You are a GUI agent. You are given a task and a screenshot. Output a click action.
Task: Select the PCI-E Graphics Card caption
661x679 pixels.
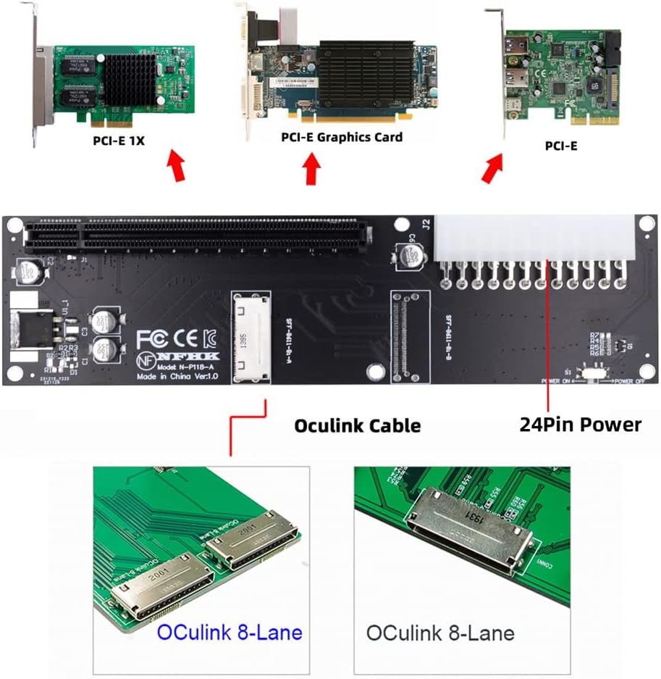pos(341,136)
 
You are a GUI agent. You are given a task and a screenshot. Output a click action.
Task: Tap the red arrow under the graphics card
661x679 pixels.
pos(312,170)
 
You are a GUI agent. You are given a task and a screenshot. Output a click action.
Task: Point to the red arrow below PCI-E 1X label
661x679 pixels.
pos(176,164)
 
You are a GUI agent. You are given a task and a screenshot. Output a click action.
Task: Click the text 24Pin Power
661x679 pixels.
pos(580,424)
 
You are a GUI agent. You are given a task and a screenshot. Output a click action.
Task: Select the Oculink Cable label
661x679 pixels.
pos(357,425)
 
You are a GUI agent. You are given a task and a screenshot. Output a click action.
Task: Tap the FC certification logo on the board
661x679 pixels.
pos(153,338)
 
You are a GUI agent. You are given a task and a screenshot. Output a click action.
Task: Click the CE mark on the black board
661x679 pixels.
pos(186,338)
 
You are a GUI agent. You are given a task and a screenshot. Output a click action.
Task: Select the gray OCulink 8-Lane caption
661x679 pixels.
pos(440,633)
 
